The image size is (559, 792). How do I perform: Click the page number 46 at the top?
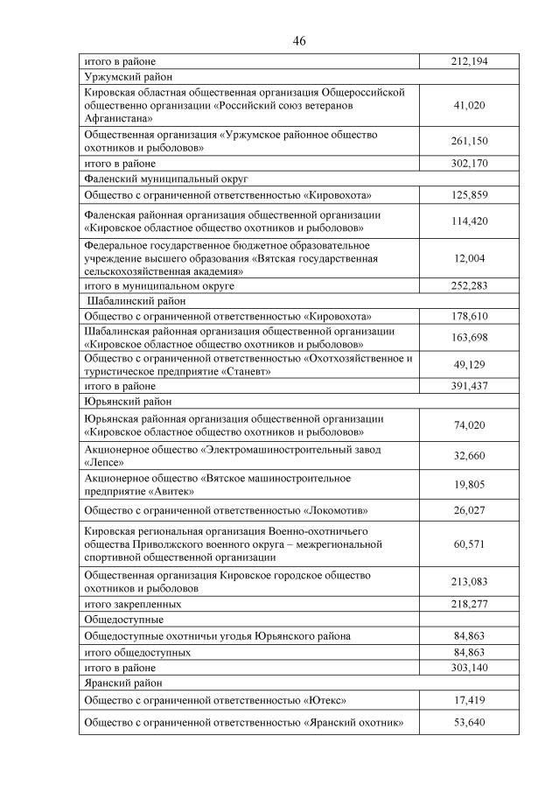[299, 41]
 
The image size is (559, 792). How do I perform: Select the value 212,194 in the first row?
[470, 62]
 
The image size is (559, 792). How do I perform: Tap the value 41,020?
[470, 105]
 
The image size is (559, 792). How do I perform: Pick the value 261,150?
[470, 142]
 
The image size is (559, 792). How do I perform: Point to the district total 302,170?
[470, 163]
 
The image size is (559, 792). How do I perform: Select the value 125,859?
[470, 194]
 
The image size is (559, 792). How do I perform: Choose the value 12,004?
[470, 258]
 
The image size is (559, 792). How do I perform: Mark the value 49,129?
[470, 365]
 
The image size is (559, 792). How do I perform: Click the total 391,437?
[470, 386]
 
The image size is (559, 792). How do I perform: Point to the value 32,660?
[470, 456]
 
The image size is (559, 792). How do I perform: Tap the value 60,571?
[470, 544]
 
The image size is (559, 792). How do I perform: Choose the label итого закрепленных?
[132, 604]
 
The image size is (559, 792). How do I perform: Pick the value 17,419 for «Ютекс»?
[470, 700]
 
